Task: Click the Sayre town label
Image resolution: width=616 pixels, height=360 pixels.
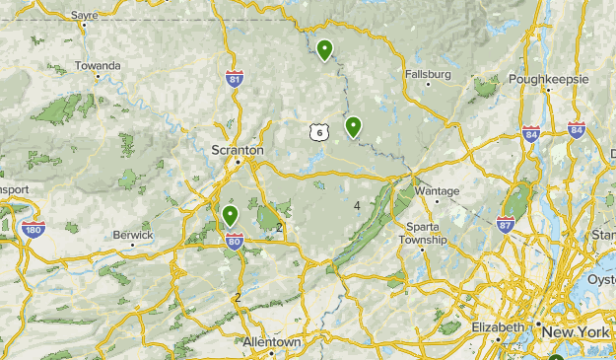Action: pos(85,16)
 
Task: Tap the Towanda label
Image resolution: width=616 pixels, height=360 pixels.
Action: pos(98,66)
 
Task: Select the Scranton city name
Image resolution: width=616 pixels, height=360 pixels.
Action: pos(237,150)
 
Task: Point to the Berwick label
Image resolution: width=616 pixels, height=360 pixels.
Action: pos(133,235)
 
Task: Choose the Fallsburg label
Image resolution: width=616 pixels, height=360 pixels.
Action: pos(427,74)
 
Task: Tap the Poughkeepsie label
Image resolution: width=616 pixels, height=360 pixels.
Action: pos(548,79)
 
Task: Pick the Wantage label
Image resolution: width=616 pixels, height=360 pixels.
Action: pos(437,190)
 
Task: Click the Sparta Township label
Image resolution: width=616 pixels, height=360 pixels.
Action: pos(424,233)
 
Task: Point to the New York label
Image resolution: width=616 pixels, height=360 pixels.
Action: pos(580,332)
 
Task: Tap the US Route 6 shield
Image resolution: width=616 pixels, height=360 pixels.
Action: pos(315,132)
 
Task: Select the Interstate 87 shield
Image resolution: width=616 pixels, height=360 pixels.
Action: pos(506,226)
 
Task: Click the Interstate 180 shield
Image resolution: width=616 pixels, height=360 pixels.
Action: pos(32,229)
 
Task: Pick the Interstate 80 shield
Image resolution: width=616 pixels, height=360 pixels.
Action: pos(235,240)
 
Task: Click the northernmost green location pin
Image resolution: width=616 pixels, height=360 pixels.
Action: pos(324,47)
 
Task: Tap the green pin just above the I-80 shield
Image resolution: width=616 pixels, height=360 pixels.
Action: pos(230,215)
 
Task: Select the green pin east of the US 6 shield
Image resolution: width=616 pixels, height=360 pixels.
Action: pos(352,125)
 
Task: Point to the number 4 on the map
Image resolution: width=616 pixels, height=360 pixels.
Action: pos(357,205)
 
